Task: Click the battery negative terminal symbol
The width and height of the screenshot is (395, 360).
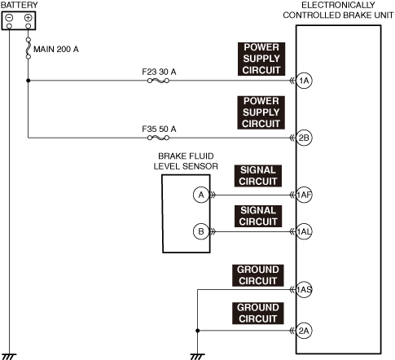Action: (x=9, y=18)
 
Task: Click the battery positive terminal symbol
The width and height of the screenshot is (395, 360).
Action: (x=28, y=18)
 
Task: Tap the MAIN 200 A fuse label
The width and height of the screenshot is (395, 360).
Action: (x=56, y=50)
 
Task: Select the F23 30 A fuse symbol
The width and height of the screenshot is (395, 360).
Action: (x=158, y=81)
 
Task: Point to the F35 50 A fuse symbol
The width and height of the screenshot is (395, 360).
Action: (x=158, y=138)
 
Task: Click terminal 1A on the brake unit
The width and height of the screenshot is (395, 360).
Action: (x=304, y=81)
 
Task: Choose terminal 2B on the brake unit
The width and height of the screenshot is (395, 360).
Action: (x=304, y=138)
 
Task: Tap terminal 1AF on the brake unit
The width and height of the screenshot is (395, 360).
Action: (x=304, y=195)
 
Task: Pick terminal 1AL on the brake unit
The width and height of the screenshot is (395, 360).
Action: (x=304, y=231)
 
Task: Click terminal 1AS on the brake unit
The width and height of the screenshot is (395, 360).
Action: (x=304, y=290)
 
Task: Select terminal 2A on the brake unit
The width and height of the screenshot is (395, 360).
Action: (x=304, y=331)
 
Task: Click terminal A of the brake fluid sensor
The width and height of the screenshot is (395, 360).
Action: (x=201, y=195)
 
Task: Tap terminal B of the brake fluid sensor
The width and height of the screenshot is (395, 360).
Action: (x=201, y=231)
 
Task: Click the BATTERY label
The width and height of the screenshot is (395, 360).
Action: (x=19, y=5)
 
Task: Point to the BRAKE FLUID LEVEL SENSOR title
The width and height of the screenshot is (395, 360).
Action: (x=186, y=161)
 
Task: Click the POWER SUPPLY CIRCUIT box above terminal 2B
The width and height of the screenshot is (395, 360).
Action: (x=261, y=112)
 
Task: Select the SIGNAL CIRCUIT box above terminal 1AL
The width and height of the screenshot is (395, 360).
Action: (x=258, y=216)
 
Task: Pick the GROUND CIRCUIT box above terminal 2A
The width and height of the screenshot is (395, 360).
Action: (x=258, y=313)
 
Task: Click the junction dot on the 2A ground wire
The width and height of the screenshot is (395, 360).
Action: (x=198, y=331)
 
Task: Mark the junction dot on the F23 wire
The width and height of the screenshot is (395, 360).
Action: (x=28, y=81)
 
